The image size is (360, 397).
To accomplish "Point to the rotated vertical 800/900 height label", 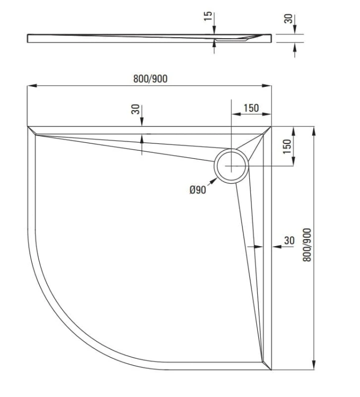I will tap(308, 244).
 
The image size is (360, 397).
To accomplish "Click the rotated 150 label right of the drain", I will tap(287, 146).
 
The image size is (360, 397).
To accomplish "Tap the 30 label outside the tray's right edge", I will tap(289, 240).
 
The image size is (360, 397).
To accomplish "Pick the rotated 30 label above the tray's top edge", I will tap(136, 110).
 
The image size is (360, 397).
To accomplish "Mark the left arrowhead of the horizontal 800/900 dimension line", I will tap(31, 85).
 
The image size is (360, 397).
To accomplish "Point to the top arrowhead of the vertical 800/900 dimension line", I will tap(315, 130).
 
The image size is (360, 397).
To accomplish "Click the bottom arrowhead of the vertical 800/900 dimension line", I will tap(315, 366).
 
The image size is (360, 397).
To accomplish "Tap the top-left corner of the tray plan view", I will tap(28, 127).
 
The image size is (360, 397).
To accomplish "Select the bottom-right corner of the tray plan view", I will tap(271, 369).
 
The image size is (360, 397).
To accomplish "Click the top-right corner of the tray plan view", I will tap(271, 127).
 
